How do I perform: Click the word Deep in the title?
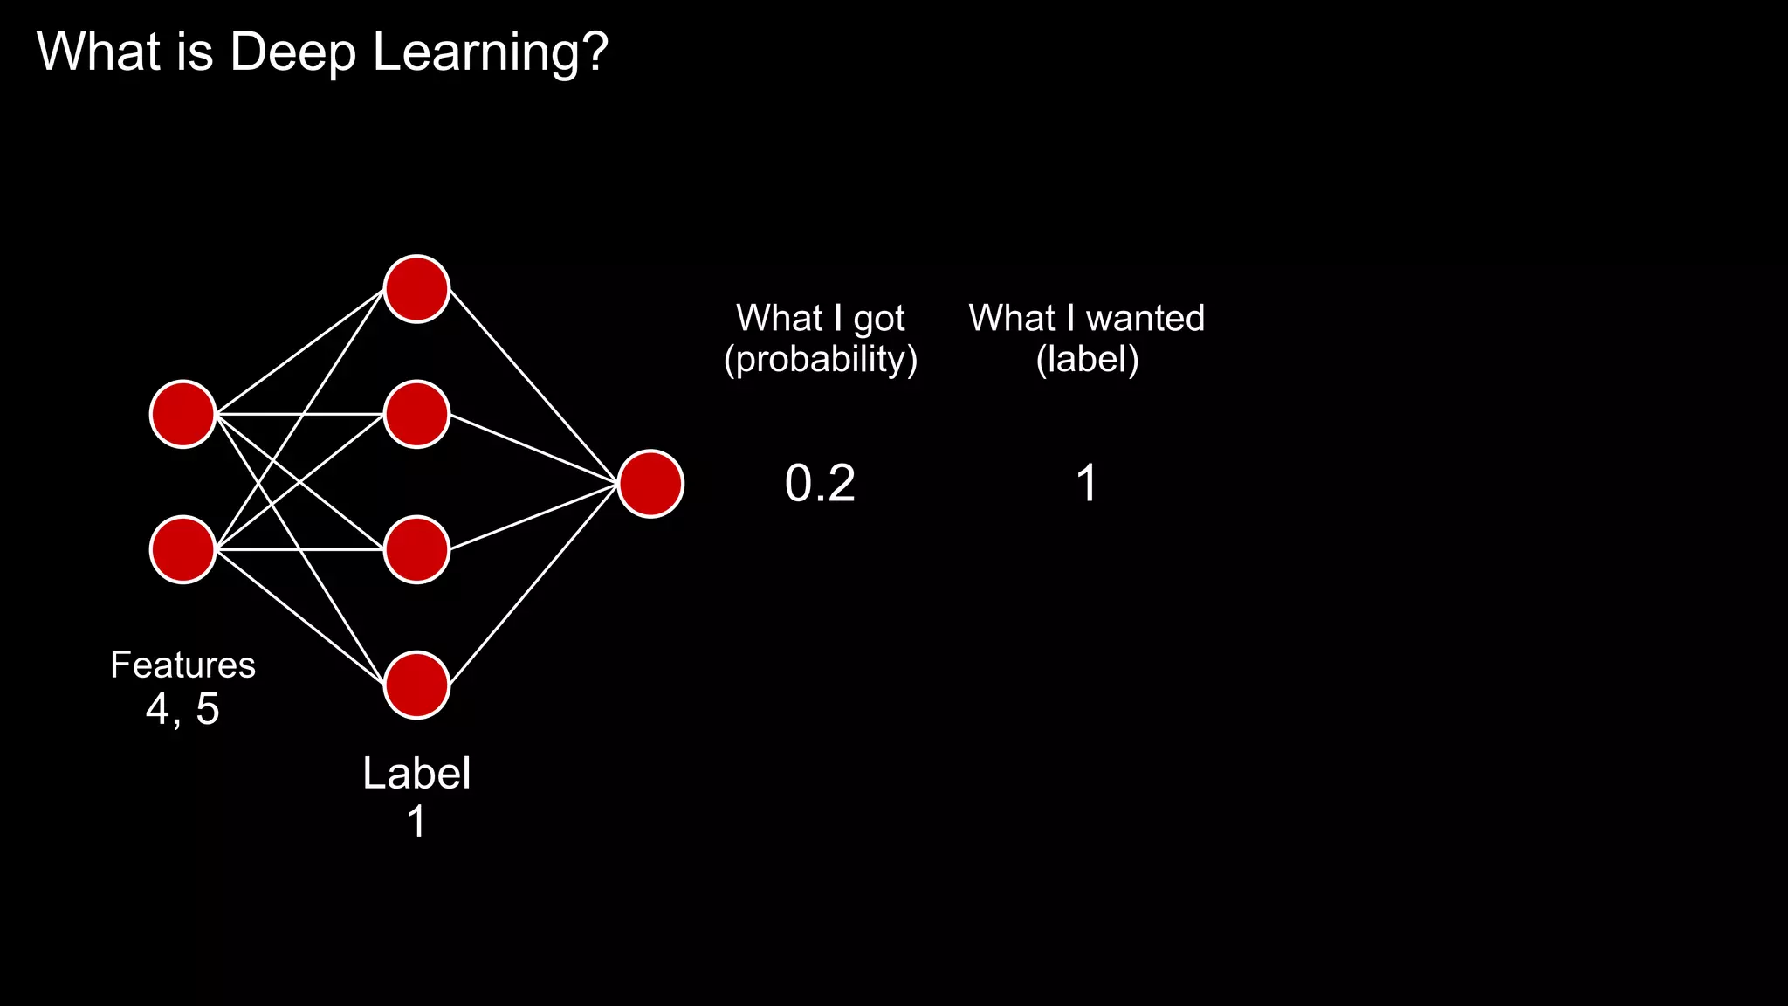click(292, 52)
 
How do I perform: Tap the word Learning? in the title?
click(490, 52)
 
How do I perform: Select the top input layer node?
click(183, 414)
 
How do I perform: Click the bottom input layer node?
click(183, 549)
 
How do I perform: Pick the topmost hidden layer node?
click(416, 289)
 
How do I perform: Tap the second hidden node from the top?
click(416, 414)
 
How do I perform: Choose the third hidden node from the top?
click(416, 549)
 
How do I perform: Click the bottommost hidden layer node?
click(416, 686)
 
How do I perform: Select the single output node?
click(650, 484)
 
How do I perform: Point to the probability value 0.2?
click(820, 484)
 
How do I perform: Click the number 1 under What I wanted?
click(1086, 484)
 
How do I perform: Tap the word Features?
click(182, 665)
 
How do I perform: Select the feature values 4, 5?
click(182, 709)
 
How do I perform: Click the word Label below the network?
click(416, 774)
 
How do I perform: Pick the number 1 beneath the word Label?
click(416, 822)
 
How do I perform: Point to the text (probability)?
click(821, 360)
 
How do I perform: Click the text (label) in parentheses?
click(1087, 360)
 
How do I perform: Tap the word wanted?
click(1145, 318)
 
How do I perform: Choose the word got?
click(878, 320)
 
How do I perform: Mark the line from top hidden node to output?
click(534, 387)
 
